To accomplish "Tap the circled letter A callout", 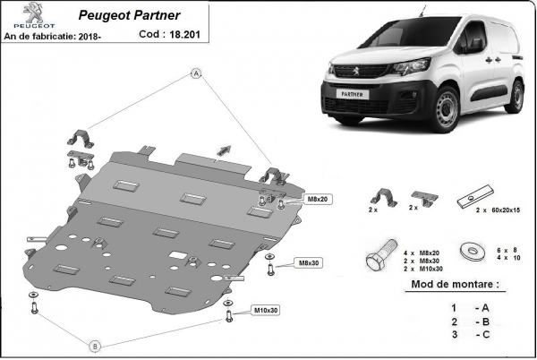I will coord(196,75).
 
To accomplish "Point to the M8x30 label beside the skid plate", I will coord(310,262).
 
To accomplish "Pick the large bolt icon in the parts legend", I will coord(376,256).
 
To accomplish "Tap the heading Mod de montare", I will coord(453,285).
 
